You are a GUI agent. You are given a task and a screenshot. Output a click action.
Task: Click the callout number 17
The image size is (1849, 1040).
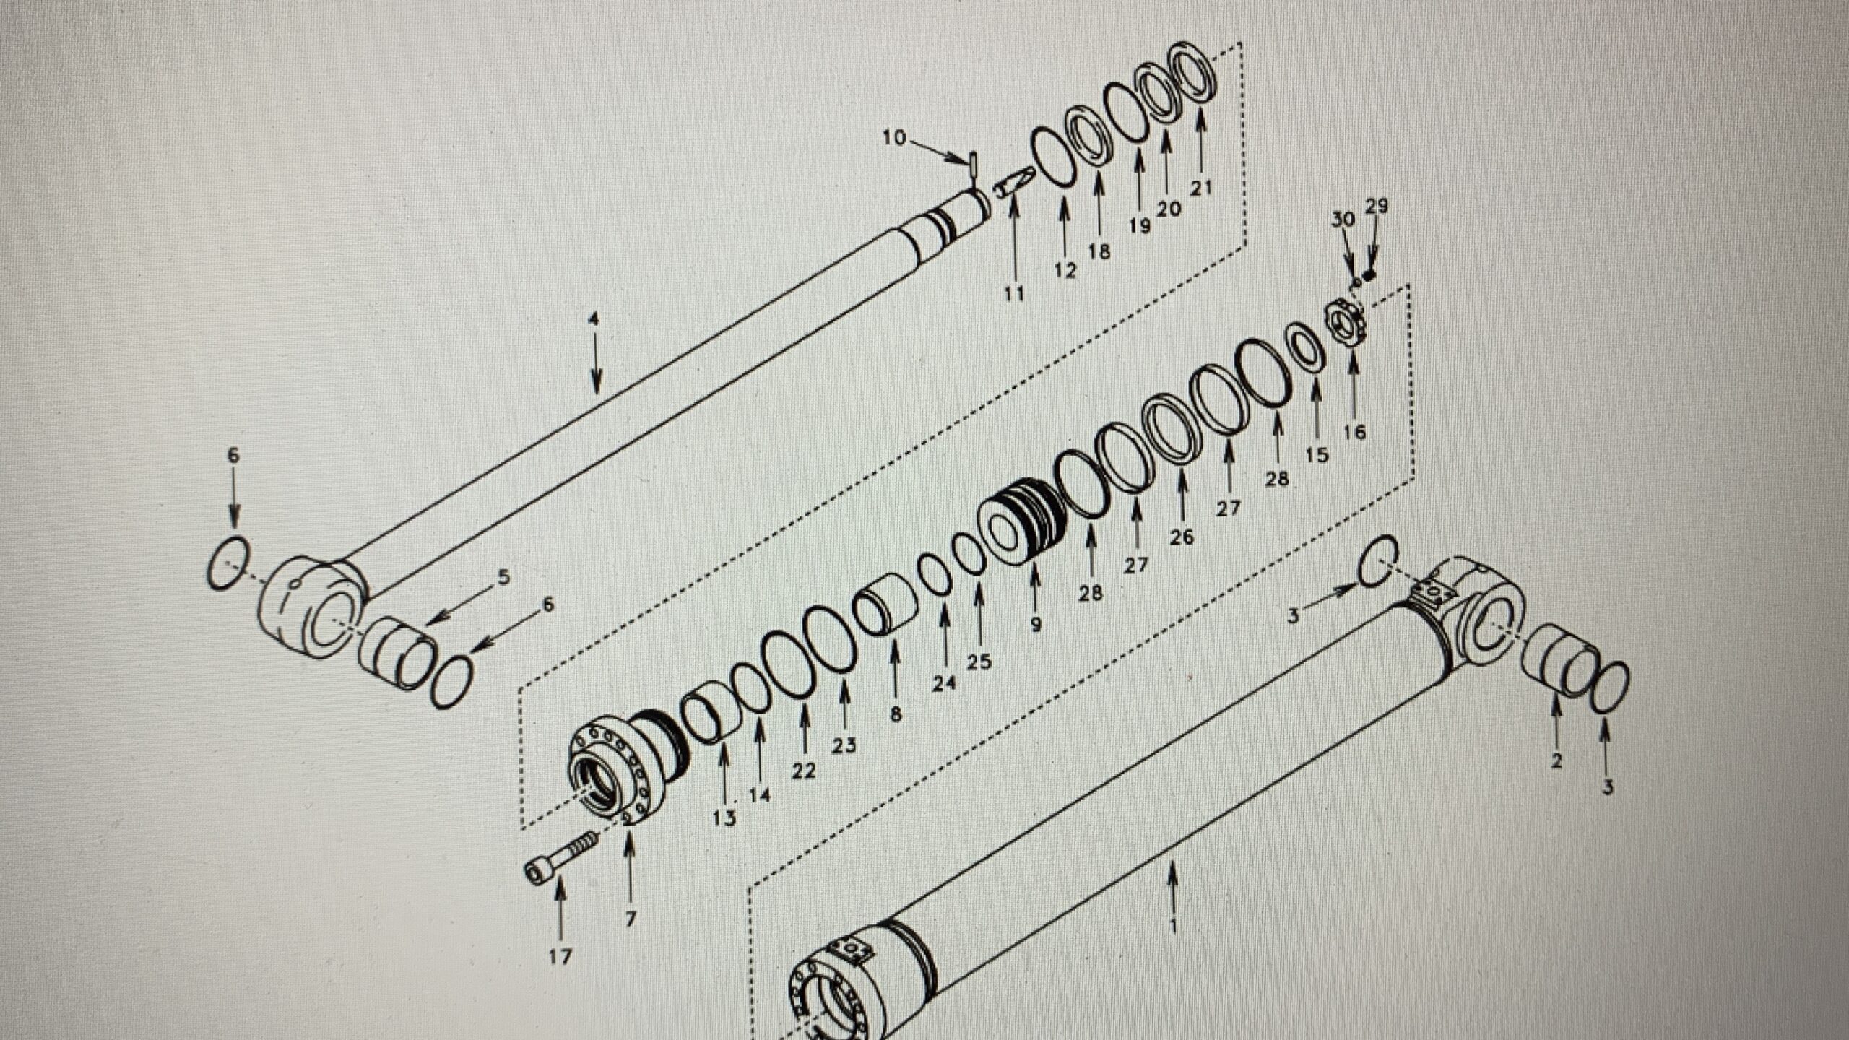pyautogui.click(x=560, y=957)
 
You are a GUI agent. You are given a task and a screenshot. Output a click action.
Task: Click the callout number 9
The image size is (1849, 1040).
pyautogui.click(x=1035, y=624)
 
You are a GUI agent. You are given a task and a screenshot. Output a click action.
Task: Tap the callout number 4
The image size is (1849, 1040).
pyautogui.click(x=594, y=319)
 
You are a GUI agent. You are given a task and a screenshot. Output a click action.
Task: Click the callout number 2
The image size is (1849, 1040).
pyautogui.click(x=1556, y=760)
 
